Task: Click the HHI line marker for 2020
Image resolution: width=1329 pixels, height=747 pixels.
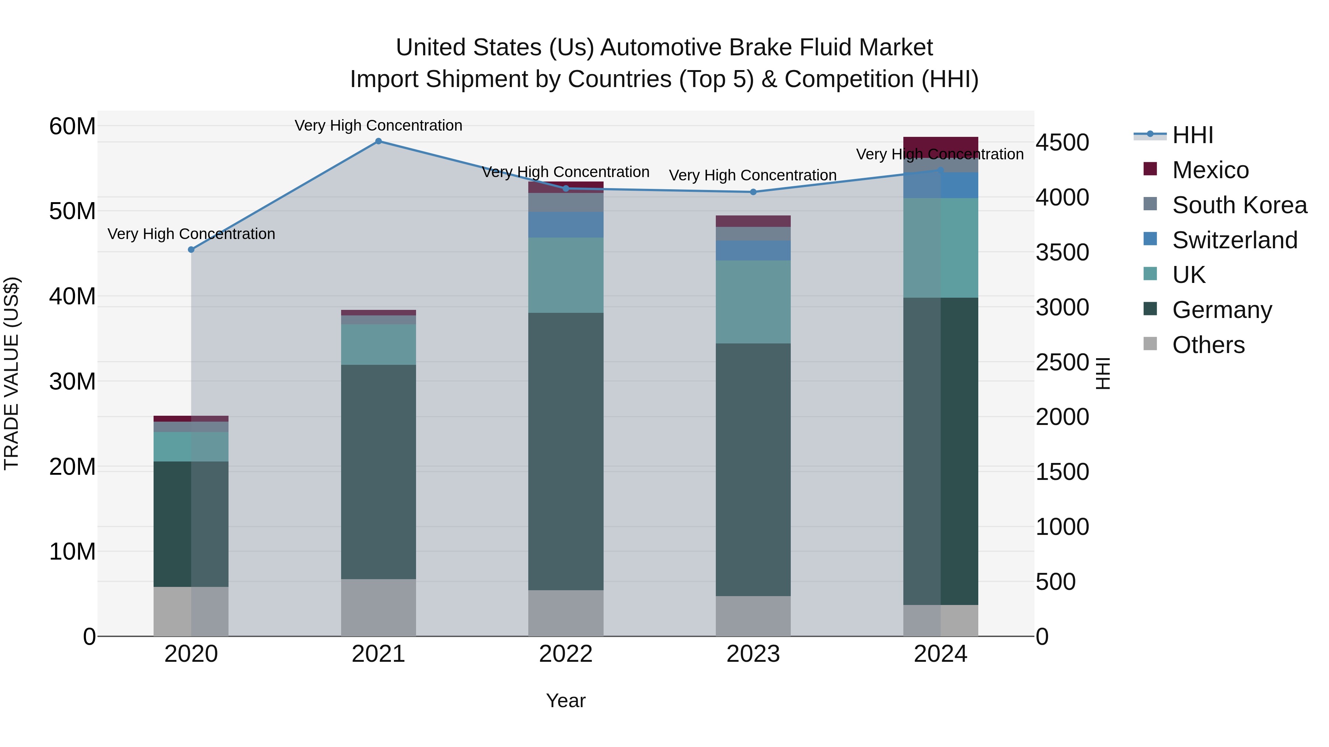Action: click(191, 249)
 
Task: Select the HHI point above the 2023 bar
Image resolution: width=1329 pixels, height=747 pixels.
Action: click(753, 192)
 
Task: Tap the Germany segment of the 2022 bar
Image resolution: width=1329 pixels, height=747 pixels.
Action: click(566, 451)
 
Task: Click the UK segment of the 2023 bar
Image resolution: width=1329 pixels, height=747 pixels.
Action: click(753, 302)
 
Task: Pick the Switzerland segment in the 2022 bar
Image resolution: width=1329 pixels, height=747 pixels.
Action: click(566, 224)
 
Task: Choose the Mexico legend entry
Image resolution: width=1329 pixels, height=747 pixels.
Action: click(1210, 170)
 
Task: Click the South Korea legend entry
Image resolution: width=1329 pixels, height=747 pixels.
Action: click(1238, 205)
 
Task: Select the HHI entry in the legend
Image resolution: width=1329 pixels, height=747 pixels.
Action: click(1192, 135)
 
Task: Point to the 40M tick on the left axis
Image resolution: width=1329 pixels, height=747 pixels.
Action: click(72, 297)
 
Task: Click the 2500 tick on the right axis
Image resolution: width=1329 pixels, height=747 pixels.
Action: click(1062, 362)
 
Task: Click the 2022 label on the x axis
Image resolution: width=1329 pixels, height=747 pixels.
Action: click(566, 654)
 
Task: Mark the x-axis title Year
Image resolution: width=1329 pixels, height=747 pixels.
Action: click(566, 701)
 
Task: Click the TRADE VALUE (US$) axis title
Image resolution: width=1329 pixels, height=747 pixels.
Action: click(11, 373)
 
